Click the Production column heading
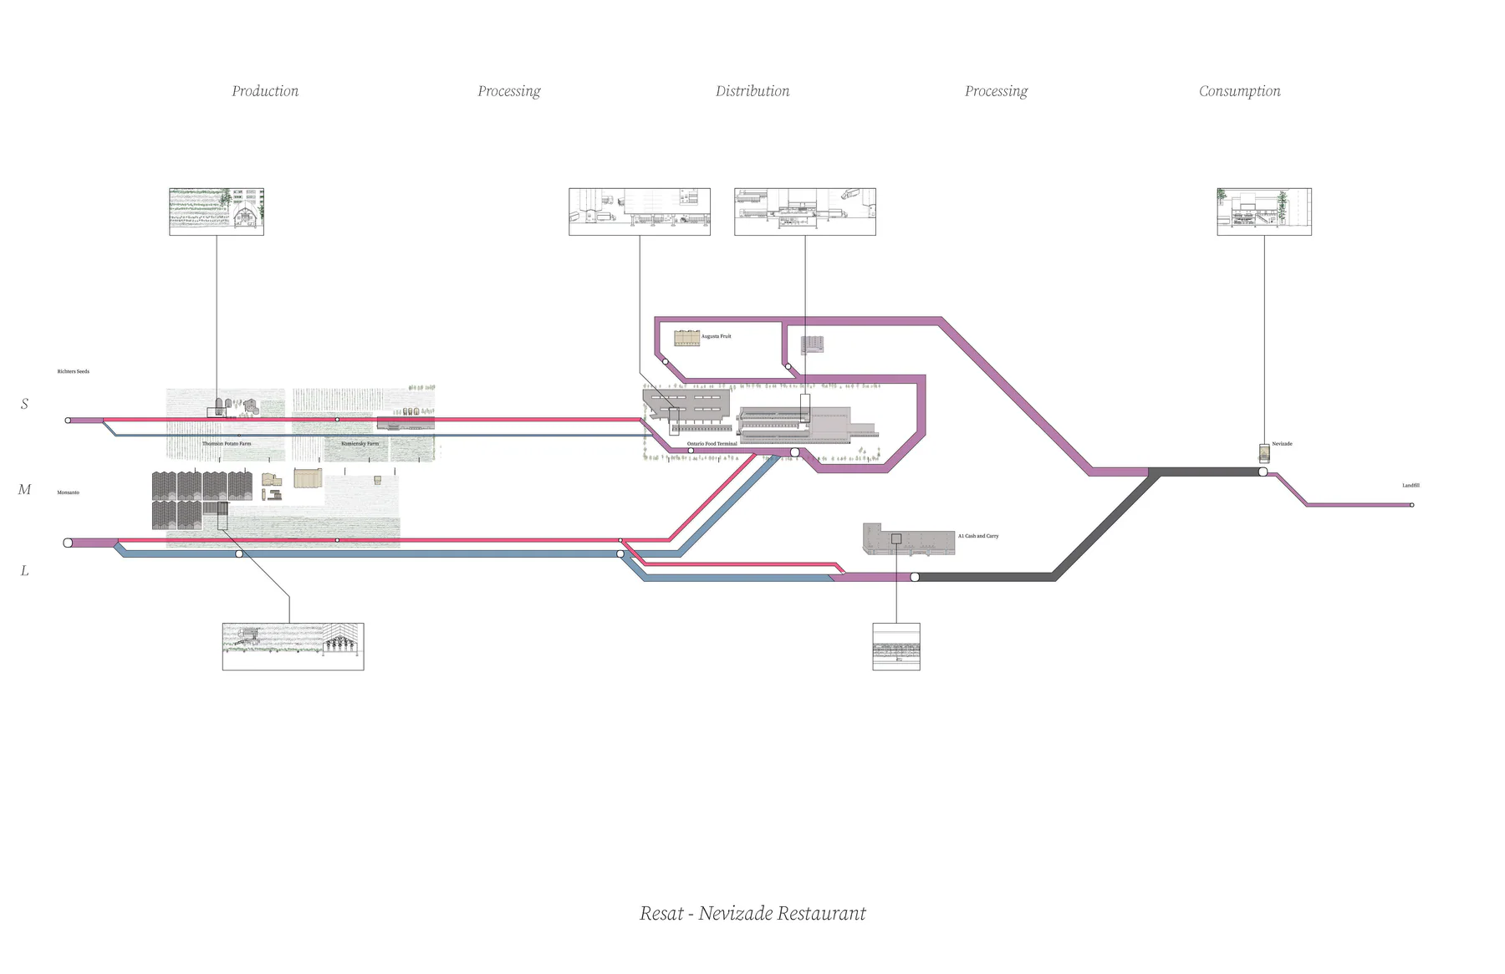[x=265, y=91]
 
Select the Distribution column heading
[x=752, y=91]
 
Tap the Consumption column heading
[x=1239, y=91]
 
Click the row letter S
[x=24, y=404]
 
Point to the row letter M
[x=24, y=490]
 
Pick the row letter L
[x=24, y=571]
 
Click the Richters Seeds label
[x=73, y=371]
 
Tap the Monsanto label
[x=68, y=492]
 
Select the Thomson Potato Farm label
[x=226, y=444]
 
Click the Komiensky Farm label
[x=360, y=444]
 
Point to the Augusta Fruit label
[x=716, y=336]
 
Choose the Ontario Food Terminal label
[x=712, y=444]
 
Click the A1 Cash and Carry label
[x=977, y=536]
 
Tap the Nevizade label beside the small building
[x=1282, y=444]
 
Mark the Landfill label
[x=1411, y=485]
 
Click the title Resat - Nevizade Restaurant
[x=752, y=913]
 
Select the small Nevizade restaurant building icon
[x=1264, y=453]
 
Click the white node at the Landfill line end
[x=1411, y=505]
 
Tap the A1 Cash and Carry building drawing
[x=908, y=539]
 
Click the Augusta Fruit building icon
[x=686, y=338]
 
